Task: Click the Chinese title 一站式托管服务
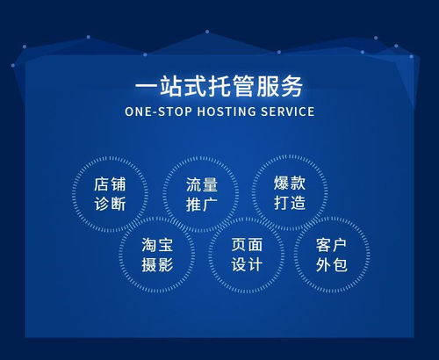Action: pyautogui.click(x=219, y=87)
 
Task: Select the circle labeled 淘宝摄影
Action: pyautogui.click(x=158, y=254)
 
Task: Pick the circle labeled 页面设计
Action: pyautogui.click(x=245, y=254)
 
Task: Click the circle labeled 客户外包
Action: pyautogui.click(x=332, y=254)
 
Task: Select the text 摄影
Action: pyautogui.click(x=158, y=264)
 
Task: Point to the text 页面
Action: pyautogui.click(x=245, y=243)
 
